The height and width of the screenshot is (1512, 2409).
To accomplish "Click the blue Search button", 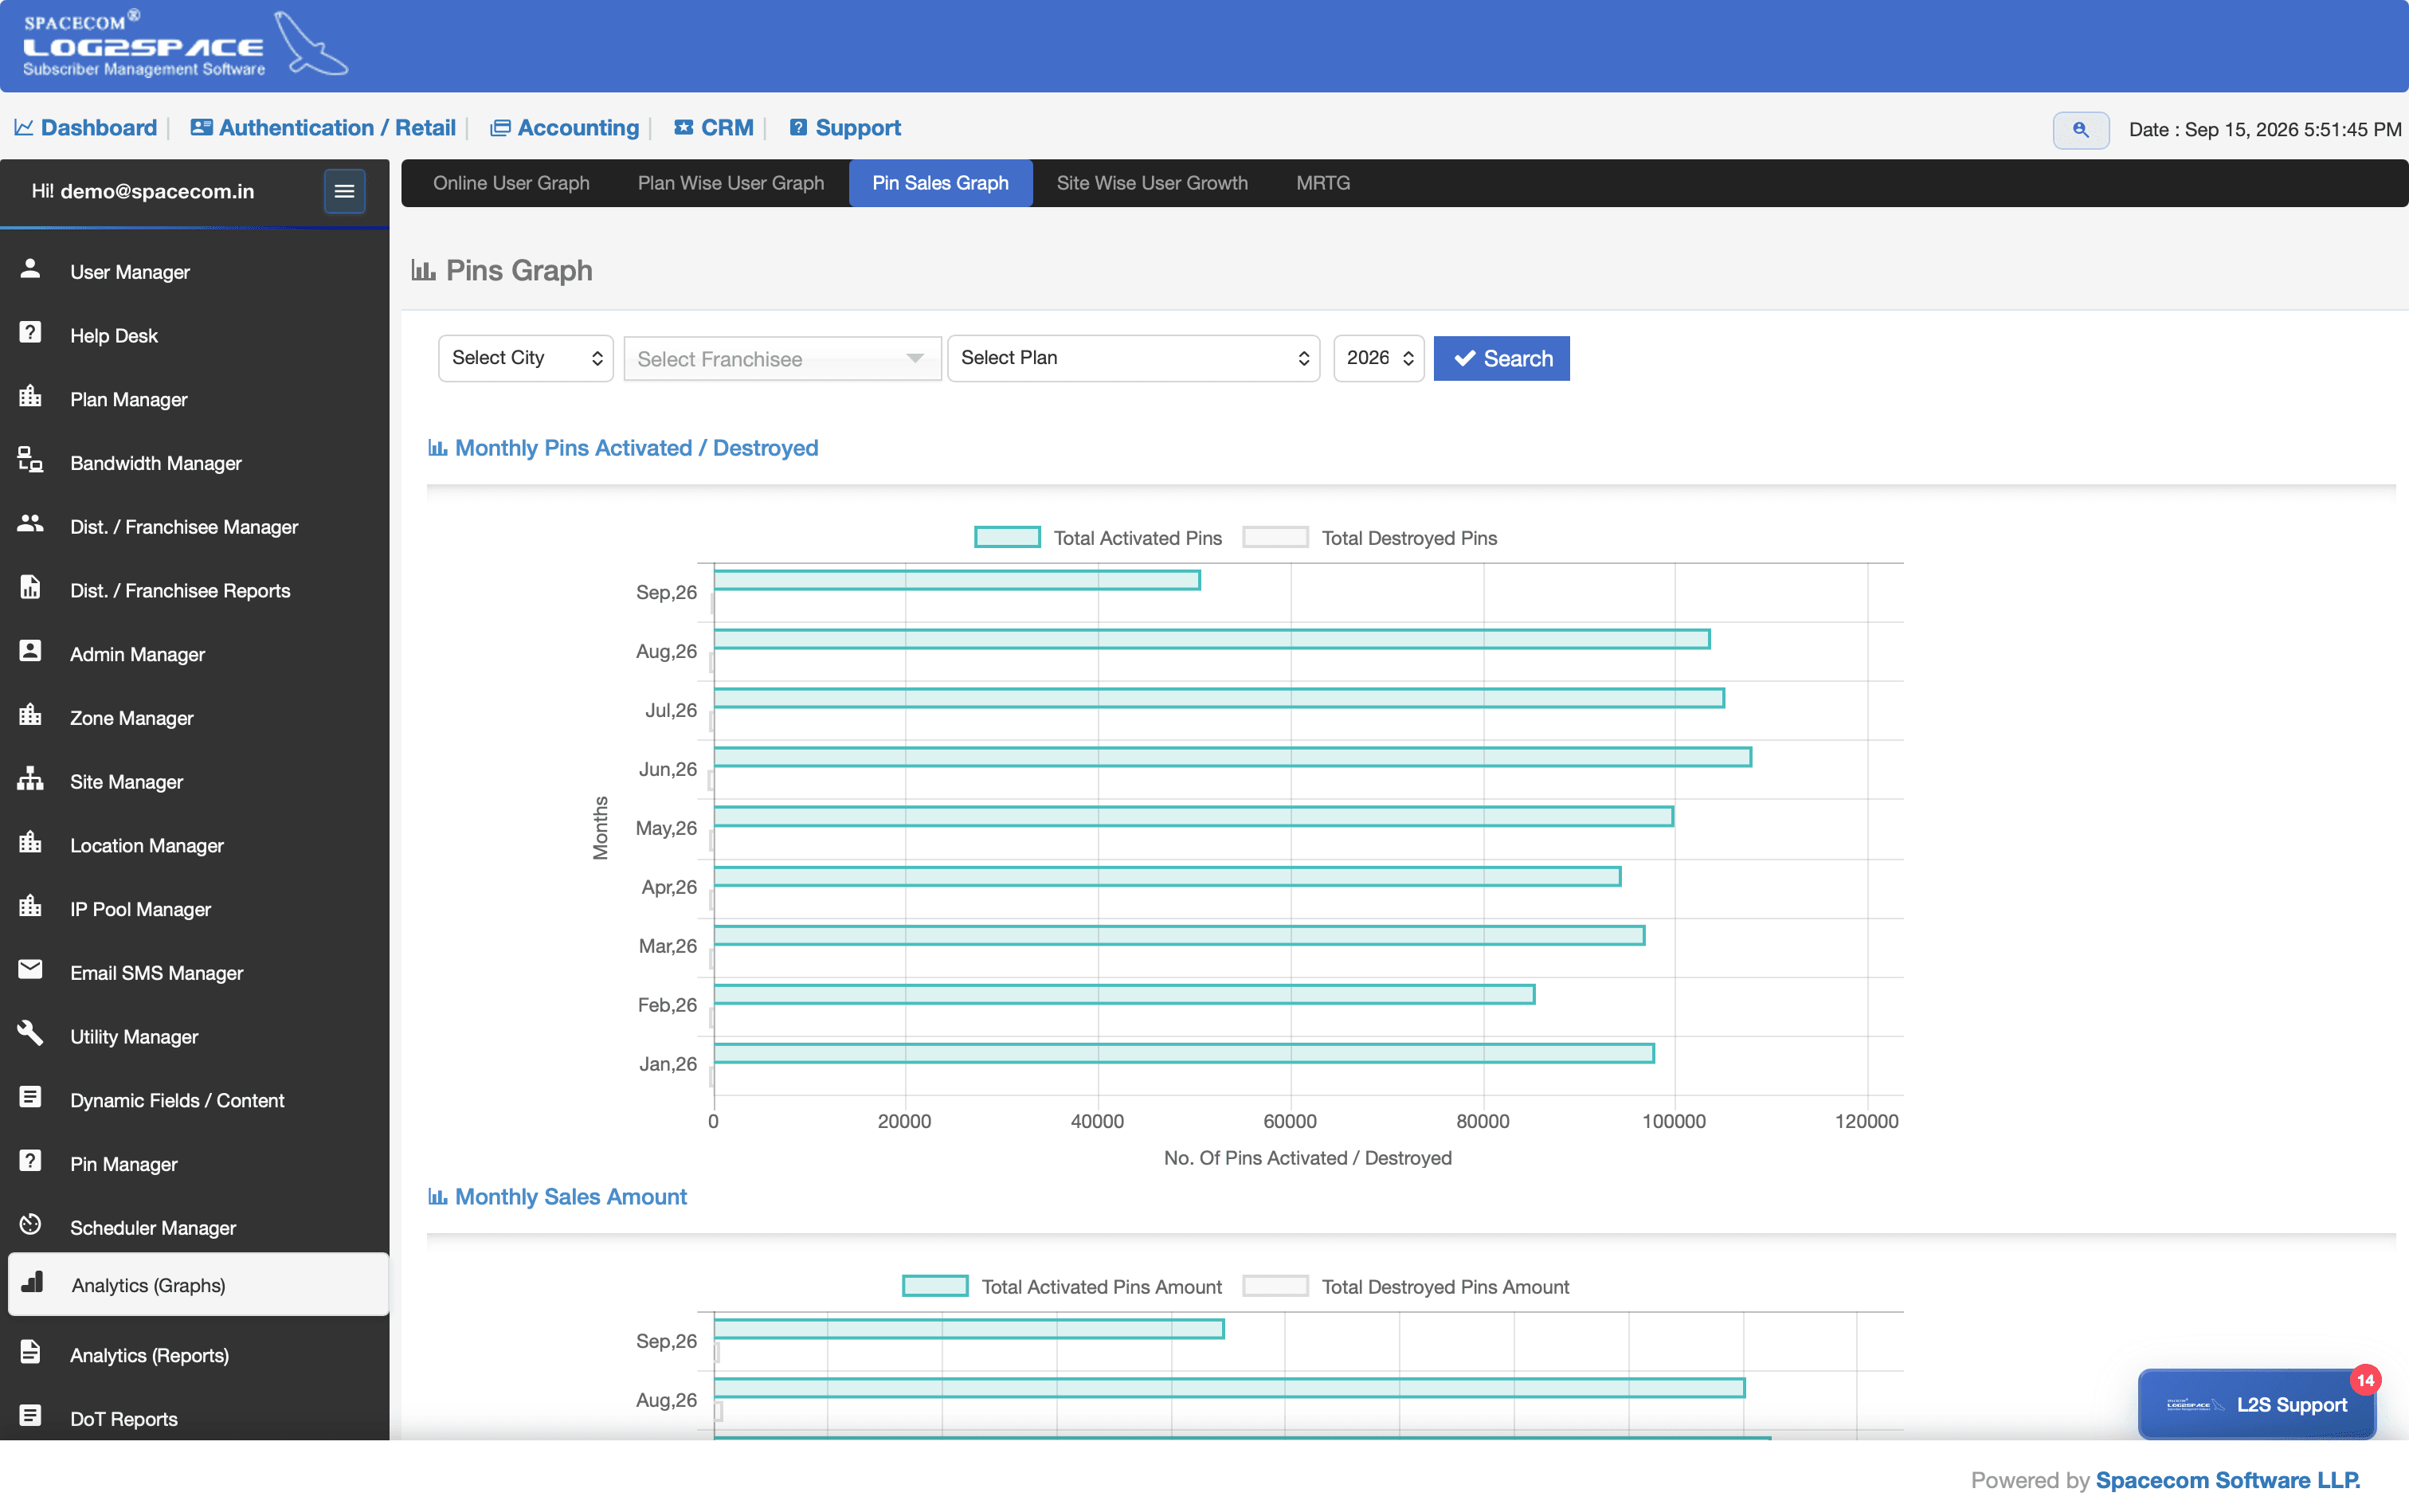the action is [1501, 358].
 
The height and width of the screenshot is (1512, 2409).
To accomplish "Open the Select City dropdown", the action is [525, 358].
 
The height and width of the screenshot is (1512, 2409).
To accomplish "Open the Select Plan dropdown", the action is [1133, 358].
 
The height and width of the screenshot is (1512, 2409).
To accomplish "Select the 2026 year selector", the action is [1378, 358].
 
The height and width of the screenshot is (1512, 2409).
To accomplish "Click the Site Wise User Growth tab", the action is [1152, 183].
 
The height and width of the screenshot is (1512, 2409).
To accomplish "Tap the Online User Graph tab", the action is [511, 183].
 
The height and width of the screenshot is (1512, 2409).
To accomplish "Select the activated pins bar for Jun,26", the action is [1232, 757].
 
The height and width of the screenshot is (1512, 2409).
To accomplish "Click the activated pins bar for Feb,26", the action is [1124, 994].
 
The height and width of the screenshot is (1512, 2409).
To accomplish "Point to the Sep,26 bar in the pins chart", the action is [956, 580].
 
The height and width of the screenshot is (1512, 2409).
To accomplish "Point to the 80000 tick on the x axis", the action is [1482, 1121].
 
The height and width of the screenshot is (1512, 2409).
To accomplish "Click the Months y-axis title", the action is [600, 828].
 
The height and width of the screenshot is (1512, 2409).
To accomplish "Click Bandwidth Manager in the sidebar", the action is [156, 463].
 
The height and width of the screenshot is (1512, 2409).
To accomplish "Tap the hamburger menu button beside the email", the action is [344, 191].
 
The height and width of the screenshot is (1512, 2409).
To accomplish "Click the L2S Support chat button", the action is [2257, 1404].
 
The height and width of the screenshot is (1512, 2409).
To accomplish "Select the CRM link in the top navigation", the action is [714, 128].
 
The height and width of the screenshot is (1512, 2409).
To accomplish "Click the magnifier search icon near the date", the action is [2080, 130].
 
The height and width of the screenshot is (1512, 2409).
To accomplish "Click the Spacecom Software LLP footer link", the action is [2227, 1480].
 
